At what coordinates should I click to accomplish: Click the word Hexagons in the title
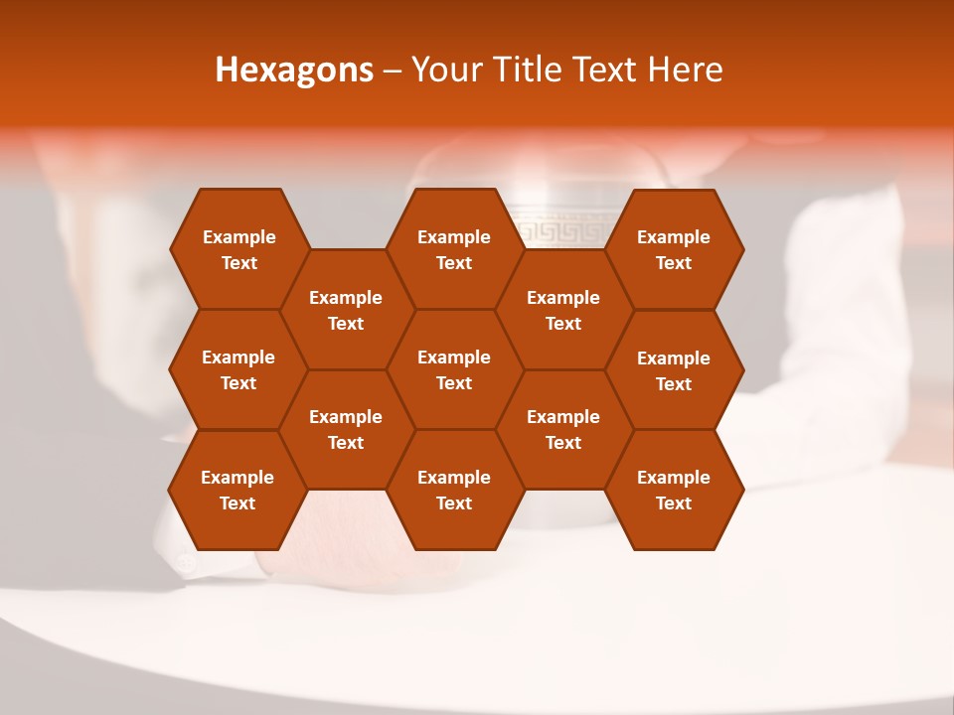point(294,70)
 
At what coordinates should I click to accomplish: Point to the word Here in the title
point(685,70)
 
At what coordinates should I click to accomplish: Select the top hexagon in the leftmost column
point(238,249)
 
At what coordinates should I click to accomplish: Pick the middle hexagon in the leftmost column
point(238,369)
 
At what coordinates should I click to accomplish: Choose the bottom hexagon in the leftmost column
point(238,490)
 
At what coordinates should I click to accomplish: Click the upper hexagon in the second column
point(346,310)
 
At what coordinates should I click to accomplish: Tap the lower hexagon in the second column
point(346,429)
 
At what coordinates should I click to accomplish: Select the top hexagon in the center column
point(454,249)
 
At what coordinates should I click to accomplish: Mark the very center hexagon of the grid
point(454,369)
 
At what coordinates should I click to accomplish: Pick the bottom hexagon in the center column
point(454,490)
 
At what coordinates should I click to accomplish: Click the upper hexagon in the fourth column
point(563,310)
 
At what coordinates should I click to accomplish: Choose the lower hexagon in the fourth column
point(563,429)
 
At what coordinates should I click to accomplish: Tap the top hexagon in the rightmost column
point(674,249)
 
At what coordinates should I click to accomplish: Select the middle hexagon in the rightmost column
point(674,370)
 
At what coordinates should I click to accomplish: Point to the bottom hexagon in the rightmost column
point(674,490)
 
